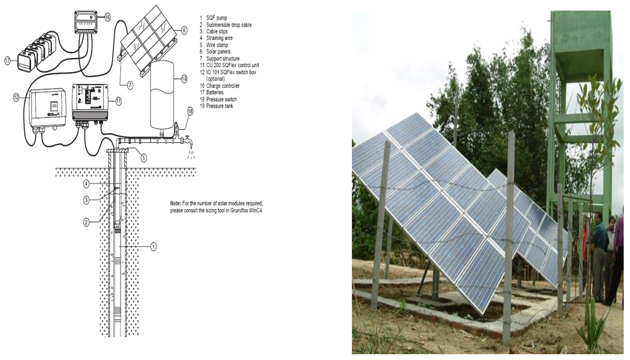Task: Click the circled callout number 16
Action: [107, 18]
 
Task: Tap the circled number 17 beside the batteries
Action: [8, 60]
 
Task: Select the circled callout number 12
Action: [16, 97]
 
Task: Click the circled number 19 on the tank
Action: [184, 78]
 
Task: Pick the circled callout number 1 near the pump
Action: [153, 246]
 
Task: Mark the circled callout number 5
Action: [143, 158]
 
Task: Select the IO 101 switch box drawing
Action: [49, 108]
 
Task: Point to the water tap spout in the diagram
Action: [189, 143]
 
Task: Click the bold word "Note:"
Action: [177, 203]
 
